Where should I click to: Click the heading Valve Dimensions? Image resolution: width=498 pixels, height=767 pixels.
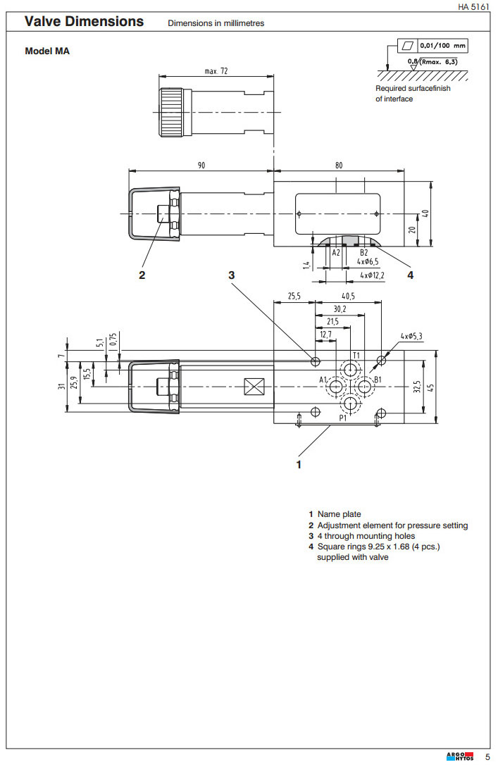tap(84, 22)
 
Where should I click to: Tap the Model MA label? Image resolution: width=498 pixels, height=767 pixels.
tap(47, 51)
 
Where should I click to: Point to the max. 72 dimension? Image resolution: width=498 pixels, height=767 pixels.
tap(216, 71)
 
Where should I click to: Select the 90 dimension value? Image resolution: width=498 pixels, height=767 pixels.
tap(201, 165)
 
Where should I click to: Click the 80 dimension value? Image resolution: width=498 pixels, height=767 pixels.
tap(339, 165)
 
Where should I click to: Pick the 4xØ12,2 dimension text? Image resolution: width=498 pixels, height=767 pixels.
tap(372, 275)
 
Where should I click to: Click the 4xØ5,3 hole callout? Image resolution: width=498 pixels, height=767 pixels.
tap(411, 336)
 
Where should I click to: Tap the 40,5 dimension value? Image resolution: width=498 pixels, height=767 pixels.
tap(348, 297)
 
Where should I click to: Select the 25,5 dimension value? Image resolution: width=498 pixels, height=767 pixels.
tap(294, 297)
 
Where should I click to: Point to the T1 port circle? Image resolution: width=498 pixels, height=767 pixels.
tap(351, 369)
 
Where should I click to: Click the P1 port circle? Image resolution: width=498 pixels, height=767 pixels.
tap(351, 404)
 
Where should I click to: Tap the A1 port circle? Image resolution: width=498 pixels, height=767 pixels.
tap(335, 387)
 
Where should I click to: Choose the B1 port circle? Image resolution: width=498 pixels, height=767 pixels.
tap(364, 387)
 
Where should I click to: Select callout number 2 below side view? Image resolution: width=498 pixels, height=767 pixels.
tap(142, 275)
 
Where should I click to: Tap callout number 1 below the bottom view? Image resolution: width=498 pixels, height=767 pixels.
tap(299, 464)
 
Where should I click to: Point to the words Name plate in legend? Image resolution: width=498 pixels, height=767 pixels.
tap(339, 515)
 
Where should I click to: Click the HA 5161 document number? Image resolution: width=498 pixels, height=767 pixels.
tap(473, 7)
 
